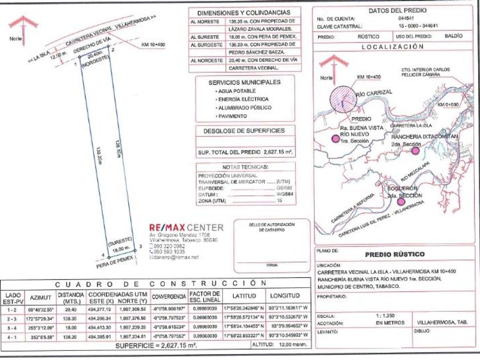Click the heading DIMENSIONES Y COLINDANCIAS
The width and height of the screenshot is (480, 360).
tap(243, 13)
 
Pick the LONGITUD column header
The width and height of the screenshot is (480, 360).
tap(285, 295)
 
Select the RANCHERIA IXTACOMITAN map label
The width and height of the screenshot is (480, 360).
tap(418, 137)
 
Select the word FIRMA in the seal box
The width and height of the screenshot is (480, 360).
tap(271, 265)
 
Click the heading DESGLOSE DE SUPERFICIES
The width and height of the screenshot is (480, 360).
tap(244, 131)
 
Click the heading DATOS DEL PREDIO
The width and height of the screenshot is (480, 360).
tap(394, 10)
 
